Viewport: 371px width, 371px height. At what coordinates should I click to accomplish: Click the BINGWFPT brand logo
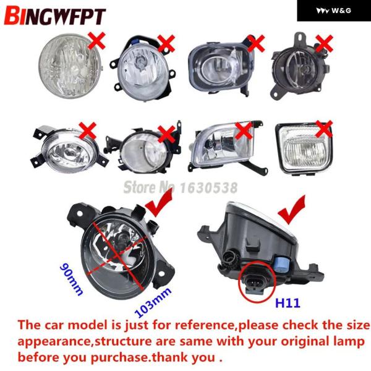point(55,16)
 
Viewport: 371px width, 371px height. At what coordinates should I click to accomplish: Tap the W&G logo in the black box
point(334,11)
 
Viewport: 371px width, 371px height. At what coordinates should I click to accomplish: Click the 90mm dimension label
point(72,279)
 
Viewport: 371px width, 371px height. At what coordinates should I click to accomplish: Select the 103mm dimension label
point(153,302)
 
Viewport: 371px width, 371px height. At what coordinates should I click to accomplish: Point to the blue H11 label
point(288,303)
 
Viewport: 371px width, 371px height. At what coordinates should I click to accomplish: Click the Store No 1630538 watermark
point(181,187)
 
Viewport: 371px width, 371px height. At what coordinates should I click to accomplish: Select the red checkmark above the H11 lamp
point(291,210)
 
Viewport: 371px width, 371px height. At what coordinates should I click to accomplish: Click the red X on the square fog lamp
point(324,129)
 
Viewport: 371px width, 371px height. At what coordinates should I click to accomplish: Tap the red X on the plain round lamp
point(96,41)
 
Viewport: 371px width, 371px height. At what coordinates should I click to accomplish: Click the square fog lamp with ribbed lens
point(304,148)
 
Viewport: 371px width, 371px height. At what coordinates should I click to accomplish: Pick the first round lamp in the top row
point(70,66)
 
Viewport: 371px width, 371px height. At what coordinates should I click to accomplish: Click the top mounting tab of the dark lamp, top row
point(301,38)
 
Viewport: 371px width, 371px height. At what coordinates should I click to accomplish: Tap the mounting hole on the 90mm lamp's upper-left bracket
point(80,214)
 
